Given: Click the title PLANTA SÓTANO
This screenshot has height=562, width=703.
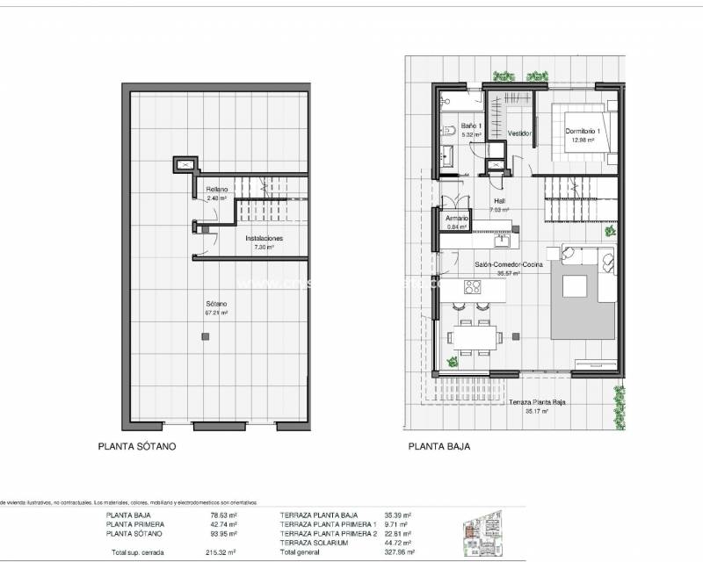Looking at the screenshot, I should (136, 446).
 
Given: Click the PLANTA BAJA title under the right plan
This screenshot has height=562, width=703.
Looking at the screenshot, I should (438, 446).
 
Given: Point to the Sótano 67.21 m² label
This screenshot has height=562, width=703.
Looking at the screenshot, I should (215, 307).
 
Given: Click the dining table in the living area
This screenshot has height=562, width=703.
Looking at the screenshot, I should (475, 336).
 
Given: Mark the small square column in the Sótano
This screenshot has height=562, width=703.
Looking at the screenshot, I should (205, 336).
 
